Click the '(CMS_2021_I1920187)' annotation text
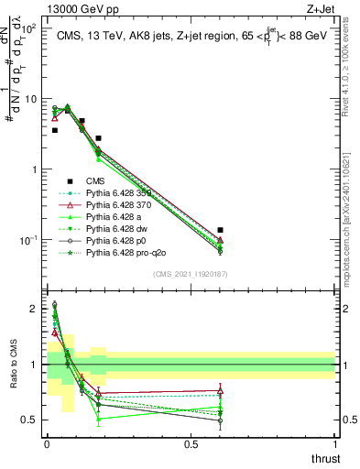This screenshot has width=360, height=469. tap(191, 274)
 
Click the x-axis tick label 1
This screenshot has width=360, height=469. tap(335, 443)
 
